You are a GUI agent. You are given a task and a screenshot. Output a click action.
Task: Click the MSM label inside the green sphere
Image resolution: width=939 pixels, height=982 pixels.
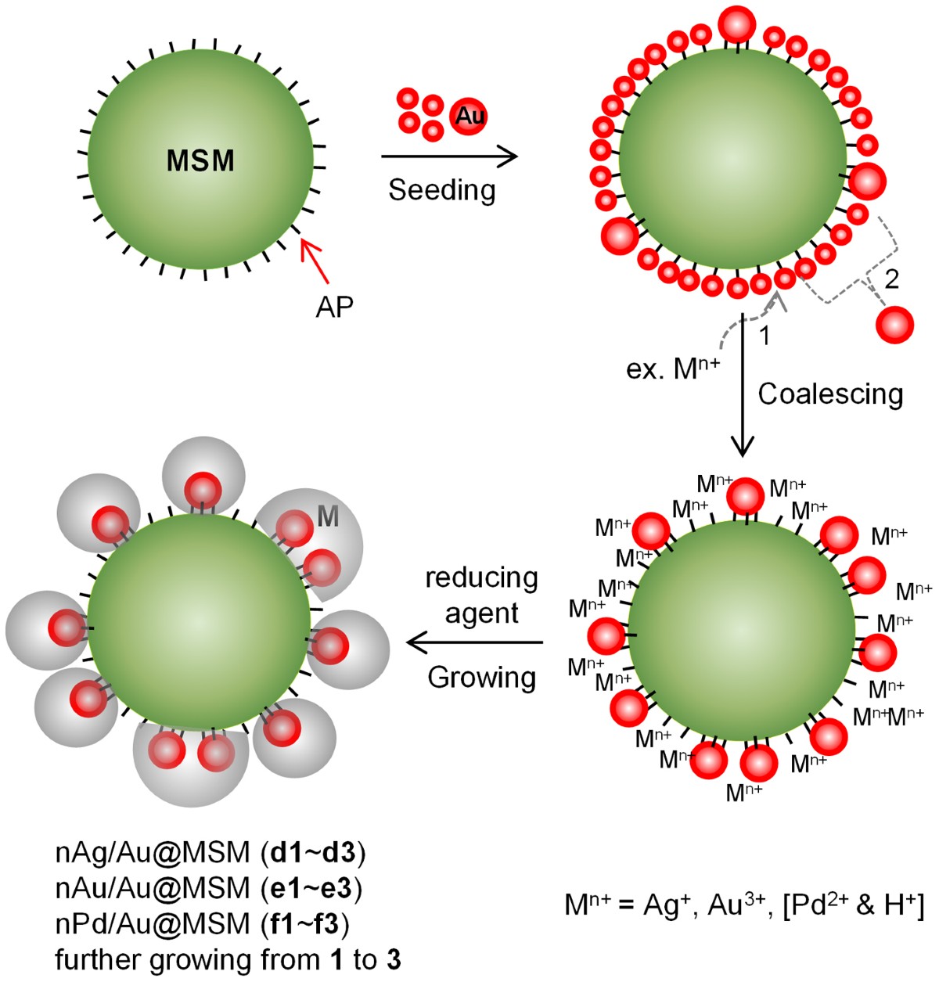(x=200, y=161)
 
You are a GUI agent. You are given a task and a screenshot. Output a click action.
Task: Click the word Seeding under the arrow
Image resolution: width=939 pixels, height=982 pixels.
(x=442, y=190)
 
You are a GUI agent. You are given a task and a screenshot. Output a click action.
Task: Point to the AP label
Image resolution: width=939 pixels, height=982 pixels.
(x=334, y=308)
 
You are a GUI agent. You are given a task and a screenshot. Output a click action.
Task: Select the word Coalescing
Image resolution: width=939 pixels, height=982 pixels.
(x=830, y=394)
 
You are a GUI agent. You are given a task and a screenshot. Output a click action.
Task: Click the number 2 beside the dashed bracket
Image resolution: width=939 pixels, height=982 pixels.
(x=891, y=278)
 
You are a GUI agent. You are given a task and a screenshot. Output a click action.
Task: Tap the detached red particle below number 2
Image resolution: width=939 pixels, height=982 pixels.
(x=894, y=324)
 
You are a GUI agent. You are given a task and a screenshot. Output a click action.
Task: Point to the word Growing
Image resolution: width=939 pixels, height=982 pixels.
(x=481, y=677)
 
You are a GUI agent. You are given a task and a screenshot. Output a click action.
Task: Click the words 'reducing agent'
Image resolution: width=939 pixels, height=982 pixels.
(x=481, y=595)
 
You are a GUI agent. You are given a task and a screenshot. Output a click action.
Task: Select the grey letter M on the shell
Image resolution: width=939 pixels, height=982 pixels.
(x=328, y=516)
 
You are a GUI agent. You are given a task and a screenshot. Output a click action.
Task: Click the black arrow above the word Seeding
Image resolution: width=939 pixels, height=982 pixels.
(x=449, y=156)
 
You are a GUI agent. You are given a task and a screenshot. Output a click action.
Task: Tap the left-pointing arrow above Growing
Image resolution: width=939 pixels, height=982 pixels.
(x=474, y=643)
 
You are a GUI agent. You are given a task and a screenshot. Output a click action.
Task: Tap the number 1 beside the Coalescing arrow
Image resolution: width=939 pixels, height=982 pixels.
(x=765, y=336)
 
